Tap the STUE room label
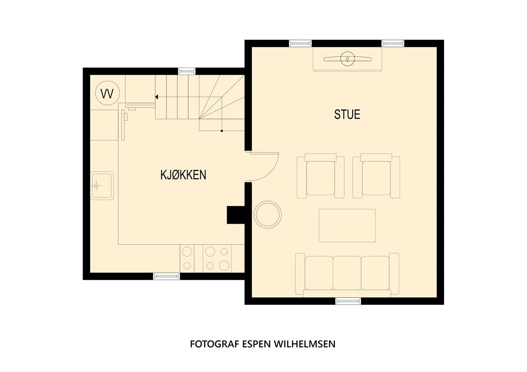[347, 114]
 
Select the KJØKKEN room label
[183, 175]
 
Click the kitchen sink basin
[101, 186]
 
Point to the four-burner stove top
[217, 258]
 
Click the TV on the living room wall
[347, 58]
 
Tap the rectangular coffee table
[347, 225]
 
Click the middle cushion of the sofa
[347, 272]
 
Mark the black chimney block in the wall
[235, 215]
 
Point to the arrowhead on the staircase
[157, 97]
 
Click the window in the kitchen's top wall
[187, 71]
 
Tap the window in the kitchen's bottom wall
[166, 276]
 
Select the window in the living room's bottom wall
[348, 301]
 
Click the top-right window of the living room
[393, 43]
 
